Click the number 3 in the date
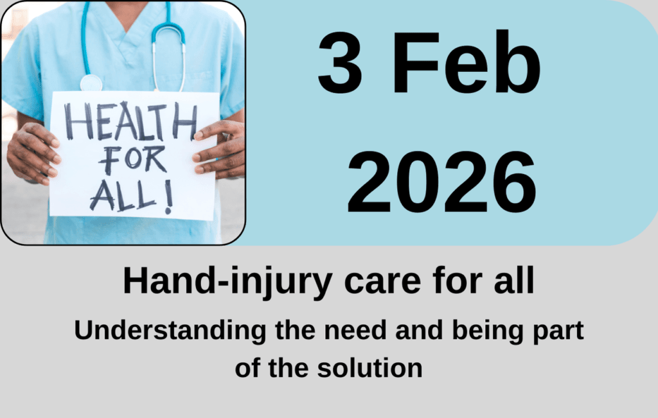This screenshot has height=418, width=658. pyautogui.click(x=340, y=62)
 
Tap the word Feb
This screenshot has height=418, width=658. pyautogui.click(x=467, y=62)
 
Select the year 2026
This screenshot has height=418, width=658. pyautogui.click(x=441, y=182)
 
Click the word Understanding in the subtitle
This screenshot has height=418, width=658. pyautogui.click(x=170, y=331)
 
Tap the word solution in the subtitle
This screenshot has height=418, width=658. pyautogui.click(x=369, y=368)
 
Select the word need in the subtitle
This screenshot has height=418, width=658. pyautogui.click(x=355, y=330)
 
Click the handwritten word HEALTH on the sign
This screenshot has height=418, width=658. pyautogui.click(x=130, y=121)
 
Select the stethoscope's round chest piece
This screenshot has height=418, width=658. pyautogui.click(x=91, y=83)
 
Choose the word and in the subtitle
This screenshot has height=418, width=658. pyautogui.click(x=419, y=330)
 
